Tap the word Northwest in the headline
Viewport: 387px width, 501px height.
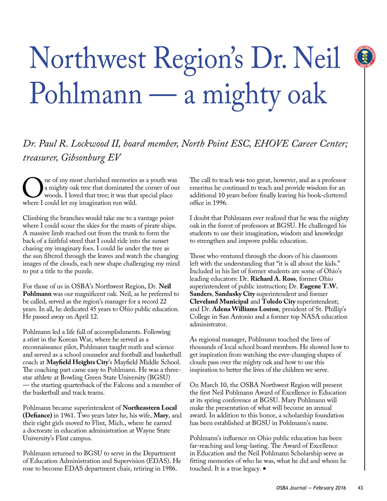88,59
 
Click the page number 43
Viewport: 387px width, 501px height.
360,488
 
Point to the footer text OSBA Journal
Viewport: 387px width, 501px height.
291,488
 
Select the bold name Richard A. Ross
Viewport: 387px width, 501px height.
273,279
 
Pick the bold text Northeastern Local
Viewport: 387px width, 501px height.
150,408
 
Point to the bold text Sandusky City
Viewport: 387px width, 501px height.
235,294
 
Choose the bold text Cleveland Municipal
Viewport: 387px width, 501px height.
219,301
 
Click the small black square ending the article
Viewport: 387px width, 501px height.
264,469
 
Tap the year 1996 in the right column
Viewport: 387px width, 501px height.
220,203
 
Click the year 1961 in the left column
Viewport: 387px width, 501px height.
67,415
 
